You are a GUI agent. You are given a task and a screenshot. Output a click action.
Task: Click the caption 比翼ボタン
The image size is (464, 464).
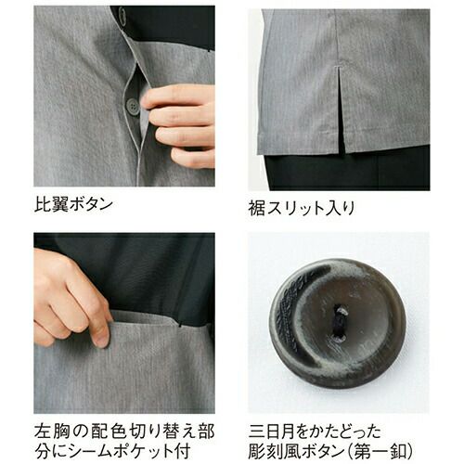73,204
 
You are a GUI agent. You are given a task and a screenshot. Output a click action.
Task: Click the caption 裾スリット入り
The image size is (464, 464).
302,208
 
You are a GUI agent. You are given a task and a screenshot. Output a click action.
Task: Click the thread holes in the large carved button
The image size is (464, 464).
342,323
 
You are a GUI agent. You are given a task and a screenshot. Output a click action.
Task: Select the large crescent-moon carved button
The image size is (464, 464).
338,324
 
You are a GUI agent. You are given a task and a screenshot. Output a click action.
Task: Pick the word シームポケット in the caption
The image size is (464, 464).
119,452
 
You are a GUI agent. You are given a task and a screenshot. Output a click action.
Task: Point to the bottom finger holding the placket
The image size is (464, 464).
192,158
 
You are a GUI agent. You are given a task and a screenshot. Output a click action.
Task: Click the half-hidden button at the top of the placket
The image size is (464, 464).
122,15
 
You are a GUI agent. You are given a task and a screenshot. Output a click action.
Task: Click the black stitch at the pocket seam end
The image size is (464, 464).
179,325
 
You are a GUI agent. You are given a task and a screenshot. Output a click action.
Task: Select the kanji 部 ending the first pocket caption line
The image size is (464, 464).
206,432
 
